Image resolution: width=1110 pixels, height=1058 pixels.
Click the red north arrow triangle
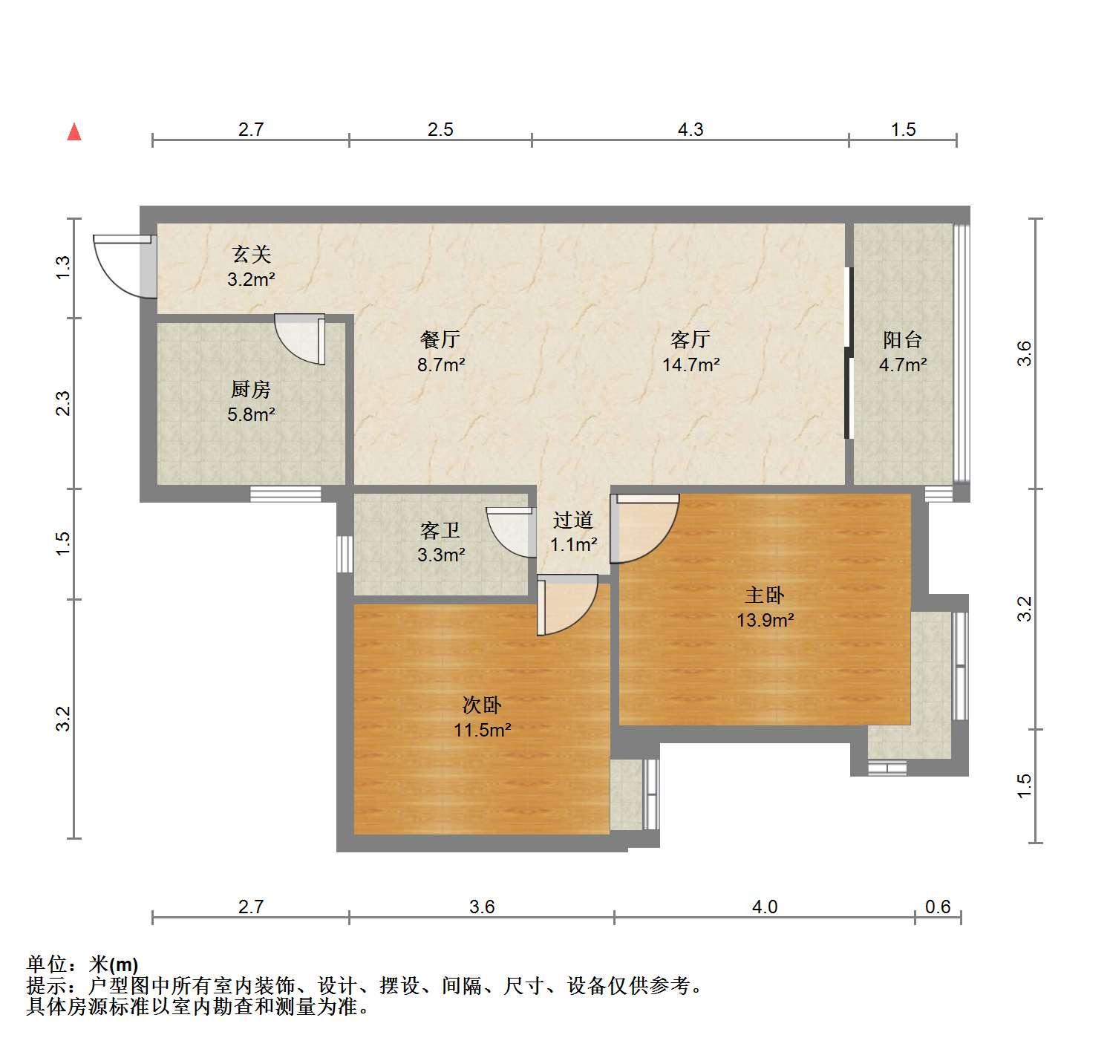tap(74, 131)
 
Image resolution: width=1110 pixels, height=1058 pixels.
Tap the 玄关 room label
tap(251, 254)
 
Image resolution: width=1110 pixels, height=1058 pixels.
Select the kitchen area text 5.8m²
tap(251, 414)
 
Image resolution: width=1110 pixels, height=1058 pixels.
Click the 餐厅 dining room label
tap(440, 339)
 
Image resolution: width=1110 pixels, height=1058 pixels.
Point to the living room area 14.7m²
tap(691, 365)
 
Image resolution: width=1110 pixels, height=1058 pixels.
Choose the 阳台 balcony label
tap(903, 340)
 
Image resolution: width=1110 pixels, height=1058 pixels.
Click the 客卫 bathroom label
tap(440, 530)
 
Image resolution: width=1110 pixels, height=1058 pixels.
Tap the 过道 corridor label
tap(573, 520)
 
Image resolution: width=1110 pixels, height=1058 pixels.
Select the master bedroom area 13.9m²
tap(765, 621)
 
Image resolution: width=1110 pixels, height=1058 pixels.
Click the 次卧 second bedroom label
tap(482, 705)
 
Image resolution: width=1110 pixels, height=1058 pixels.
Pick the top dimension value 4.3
tap(691, 129)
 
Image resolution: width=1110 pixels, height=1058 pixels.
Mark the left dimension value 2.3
tap(63, 403)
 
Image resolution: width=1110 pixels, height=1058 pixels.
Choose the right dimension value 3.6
tap(1024, 353)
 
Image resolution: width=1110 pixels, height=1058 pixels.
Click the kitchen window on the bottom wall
tap(286, 494)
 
